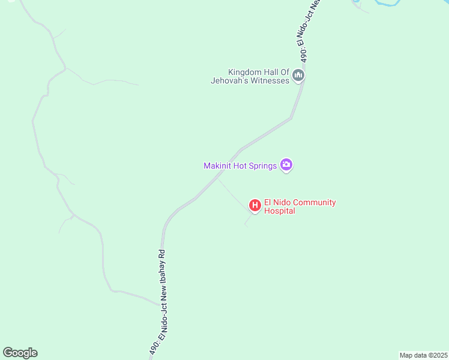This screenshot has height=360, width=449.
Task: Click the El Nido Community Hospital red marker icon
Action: point(255,206)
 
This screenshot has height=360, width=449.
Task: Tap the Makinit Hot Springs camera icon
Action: point(286,165)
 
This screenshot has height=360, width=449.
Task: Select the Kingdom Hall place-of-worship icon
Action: point(298,75)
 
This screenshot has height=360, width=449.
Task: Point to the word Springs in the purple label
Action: point(264,166)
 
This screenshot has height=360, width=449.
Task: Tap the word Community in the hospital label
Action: point(312,202)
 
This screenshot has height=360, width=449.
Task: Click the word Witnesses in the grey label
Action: point(271,80)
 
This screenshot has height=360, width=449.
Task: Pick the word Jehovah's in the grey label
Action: point(231,80)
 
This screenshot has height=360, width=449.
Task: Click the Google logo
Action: point(20,353)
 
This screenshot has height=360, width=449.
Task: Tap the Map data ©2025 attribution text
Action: point(423,355)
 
